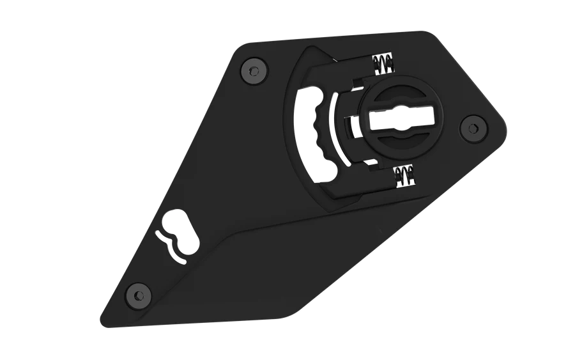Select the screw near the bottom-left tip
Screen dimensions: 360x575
[137, 294]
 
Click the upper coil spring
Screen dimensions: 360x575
[383, 64]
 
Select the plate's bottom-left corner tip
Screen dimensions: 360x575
[102, 318]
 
